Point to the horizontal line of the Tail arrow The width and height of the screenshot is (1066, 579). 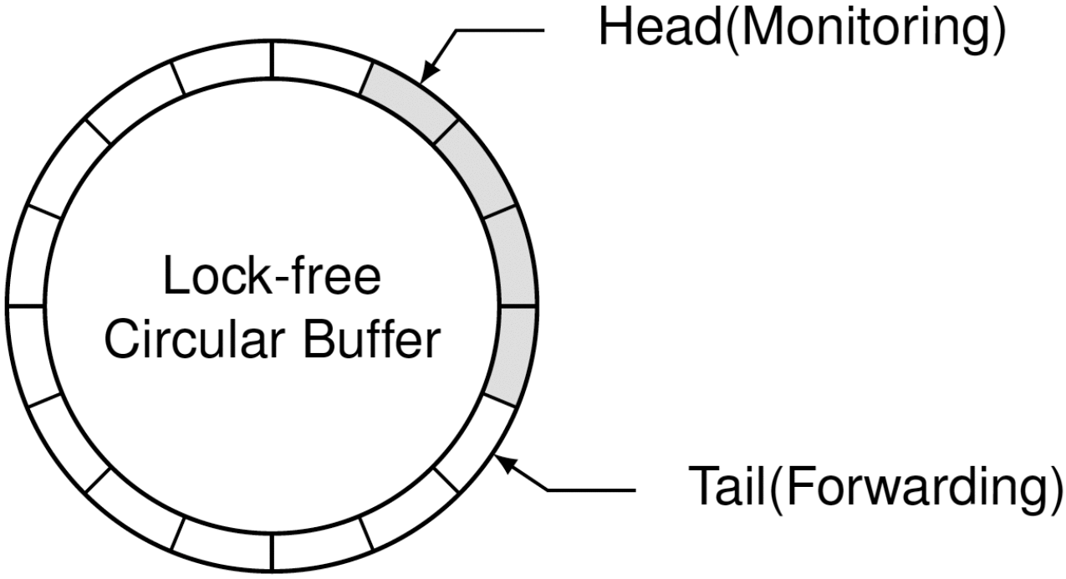click(x=594, y=489)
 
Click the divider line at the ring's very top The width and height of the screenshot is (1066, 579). click(x=273, y=58)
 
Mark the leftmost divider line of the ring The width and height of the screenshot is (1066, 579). click(x=25, y=306)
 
